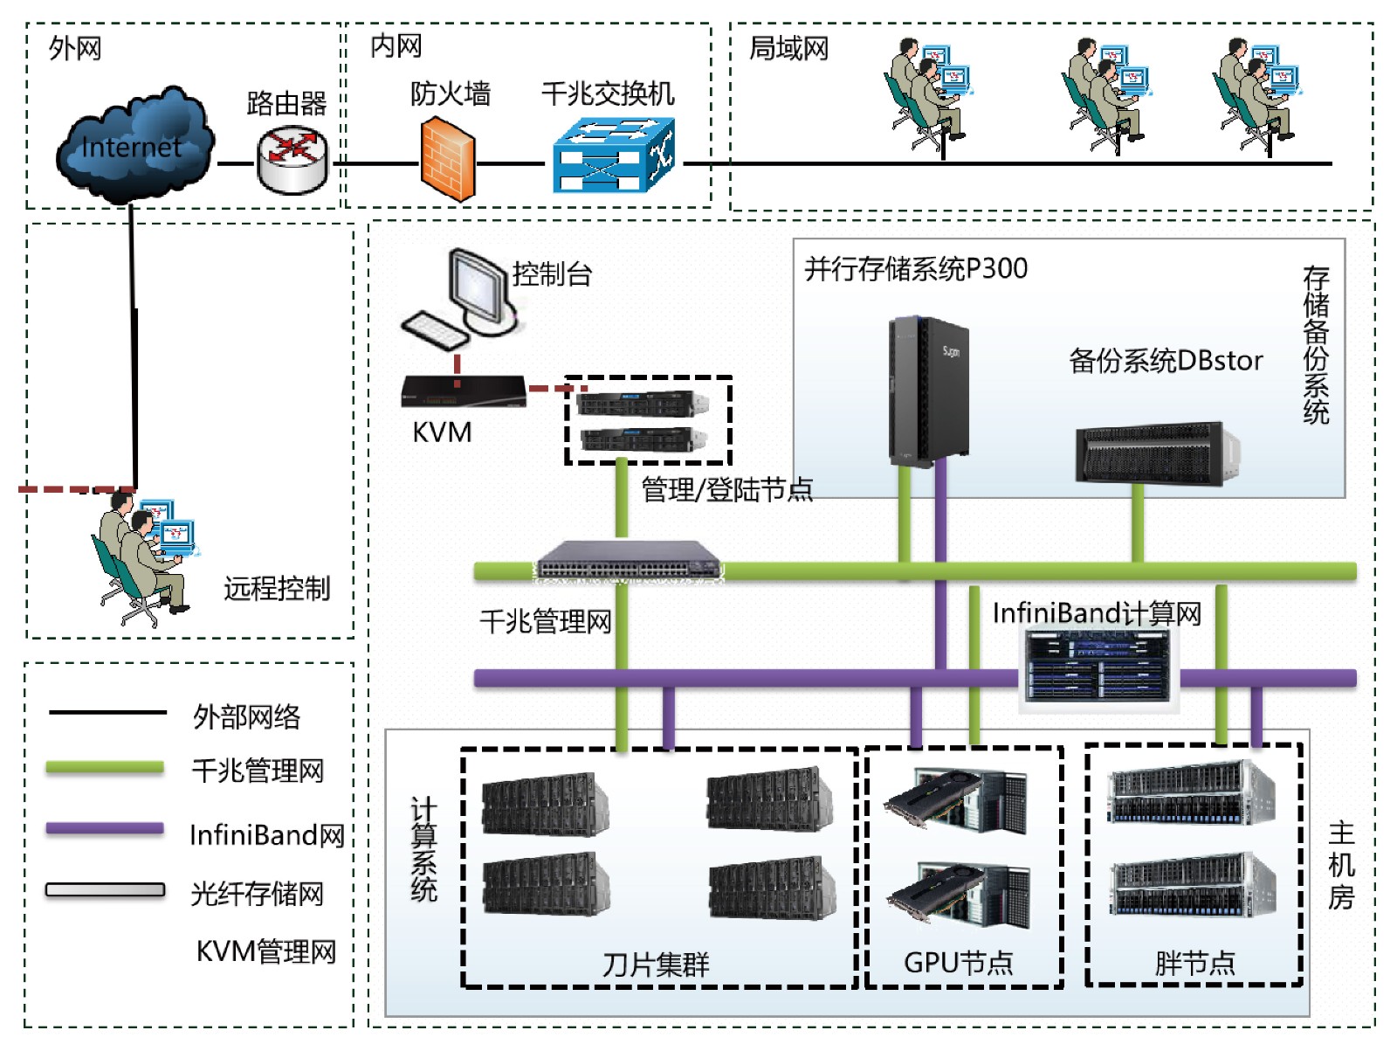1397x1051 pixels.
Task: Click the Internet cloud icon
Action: coord(133,145)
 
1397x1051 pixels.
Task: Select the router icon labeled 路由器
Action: coord(292,160)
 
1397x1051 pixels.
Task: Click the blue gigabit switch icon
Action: coord(614,156)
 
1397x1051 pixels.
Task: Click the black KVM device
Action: coord(464,391)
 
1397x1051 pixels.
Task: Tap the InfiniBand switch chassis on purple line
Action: coord(1098,667)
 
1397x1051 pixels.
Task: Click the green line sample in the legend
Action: coord(105,768)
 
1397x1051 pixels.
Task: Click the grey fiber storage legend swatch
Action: coord(105,890)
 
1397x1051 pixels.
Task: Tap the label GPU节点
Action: coord(958,963)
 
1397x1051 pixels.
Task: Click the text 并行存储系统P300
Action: coord(916,269)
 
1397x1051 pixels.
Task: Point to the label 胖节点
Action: coord(1194,964)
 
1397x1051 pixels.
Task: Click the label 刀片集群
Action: coord(656,965)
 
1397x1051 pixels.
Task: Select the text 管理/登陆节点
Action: coord(726,490)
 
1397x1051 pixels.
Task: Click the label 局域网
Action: coord(788,49)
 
